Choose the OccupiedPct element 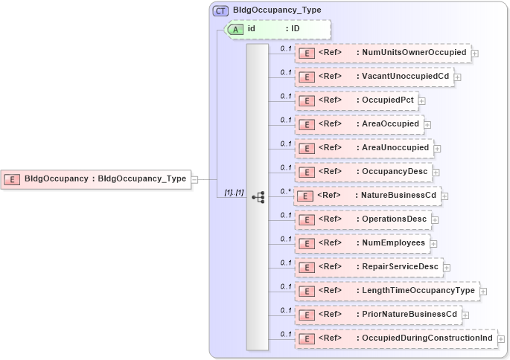pyautogui.click(x=356, y=100)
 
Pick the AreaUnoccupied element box pyautogui.click(x=363, y=148)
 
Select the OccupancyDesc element pyautogui.click(x=363, y=172)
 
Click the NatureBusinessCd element pyautogui.click(x=367, y=196)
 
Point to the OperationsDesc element pyautogui.click(x=363, y=219)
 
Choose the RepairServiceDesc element pyautogui.click(x=369, y=267)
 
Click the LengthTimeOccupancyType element pyautogui.click(x=386, y=291)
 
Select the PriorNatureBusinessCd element pyautogui.click(x=377, y=315)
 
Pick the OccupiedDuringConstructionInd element pyautogui.click(x=395, y=338)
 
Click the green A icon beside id pyautogui.click(x=236, y=29)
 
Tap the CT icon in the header pyautogui.click(x=220, y=11)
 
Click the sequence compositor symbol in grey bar pyautogui.click(x=258, y=197)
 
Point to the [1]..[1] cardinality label pyautogui.click(x=234, y=193)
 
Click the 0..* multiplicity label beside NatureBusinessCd pyautogui.click(x=284, y=191)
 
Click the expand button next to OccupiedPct pyautogui.click(x=421, y=101)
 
